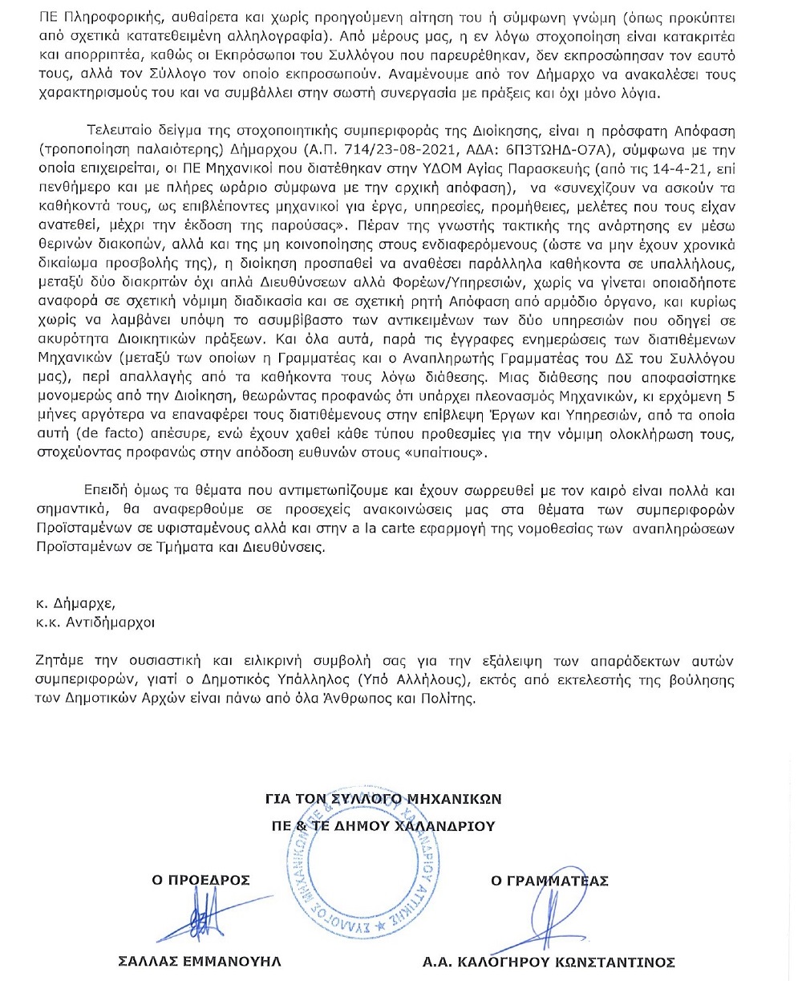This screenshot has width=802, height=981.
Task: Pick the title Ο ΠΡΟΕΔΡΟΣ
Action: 201,880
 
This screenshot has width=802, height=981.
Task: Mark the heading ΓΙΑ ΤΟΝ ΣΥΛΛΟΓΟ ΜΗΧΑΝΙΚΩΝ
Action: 383,798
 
